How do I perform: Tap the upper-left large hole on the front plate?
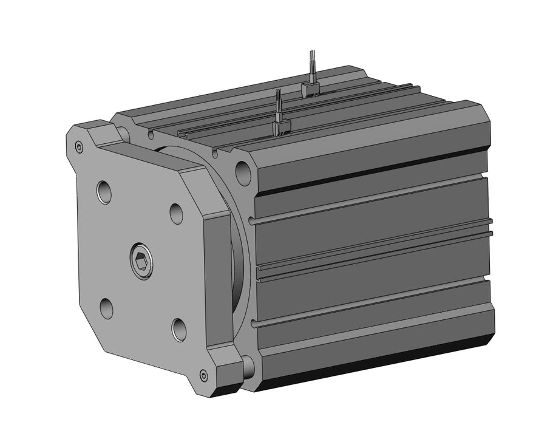point(104,192)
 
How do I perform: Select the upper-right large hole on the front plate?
point(176,213)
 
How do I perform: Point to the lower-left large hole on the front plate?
point(106,308)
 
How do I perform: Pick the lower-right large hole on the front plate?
point(179,329)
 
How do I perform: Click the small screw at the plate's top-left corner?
point(79,146)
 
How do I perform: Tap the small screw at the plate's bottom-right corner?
point(203,375)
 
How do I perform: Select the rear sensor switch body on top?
point(310,90)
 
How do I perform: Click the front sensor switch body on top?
point(281,126)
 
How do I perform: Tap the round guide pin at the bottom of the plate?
point(248,365)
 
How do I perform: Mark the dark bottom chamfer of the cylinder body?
point(376,364)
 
